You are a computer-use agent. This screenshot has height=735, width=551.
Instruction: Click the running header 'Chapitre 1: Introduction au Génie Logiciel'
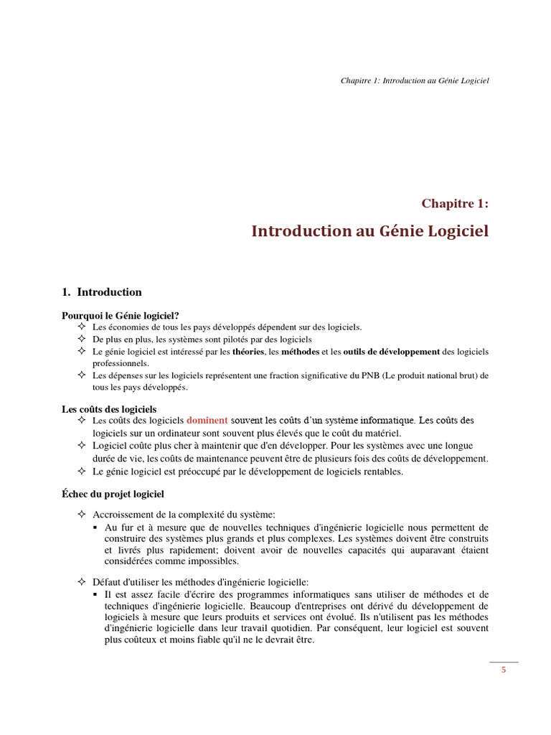pyautogui.click(x=414, y=81)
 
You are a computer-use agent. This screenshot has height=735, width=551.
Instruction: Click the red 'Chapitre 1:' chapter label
pyautogui.click(x=455, y=204)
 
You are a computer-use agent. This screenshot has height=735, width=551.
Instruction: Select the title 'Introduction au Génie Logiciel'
pyautogui.click(x=369, y=231)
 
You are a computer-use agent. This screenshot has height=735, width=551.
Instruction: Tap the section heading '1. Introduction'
pyautogui.click(x=102, y=292)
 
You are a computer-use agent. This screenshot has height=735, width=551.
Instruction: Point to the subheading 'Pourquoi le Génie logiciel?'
pyautogui.click(x=121, y=315)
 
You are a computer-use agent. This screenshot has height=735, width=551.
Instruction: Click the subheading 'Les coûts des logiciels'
pyautogui.click(x=109, y=408)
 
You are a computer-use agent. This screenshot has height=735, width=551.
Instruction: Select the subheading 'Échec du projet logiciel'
pyautogui.click(x=113, y=494)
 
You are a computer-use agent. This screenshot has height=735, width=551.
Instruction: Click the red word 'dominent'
pyautogui.click(x=207, y=420)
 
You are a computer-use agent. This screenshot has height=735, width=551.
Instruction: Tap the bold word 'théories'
pyautogui.click(x=248, y=352)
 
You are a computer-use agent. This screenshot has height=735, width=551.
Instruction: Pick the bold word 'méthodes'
pyautogui.click(x=301, y=352)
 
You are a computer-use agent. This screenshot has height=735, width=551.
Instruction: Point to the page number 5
pyautogui.click(x=504, y=670)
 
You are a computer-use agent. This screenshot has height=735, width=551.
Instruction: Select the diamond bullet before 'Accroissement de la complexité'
pyautogui.click(x=81, y=515)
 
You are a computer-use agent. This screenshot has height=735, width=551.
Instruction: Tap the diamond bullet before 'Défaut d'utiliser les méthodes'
pyautogui.click(x=81, y=582)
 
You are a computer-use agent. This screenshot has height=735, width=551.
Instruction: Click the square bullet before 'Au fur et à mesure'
pyautogui.click(x=95, y=528)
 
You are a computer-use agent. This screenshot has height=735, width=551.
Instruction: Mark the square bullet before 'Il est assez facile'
pyautogui.click(x=95, y=595)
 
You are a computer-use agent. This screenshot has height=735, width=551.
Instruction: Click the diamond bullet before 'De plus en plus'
pyautogui.click(x=81, y=339)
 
